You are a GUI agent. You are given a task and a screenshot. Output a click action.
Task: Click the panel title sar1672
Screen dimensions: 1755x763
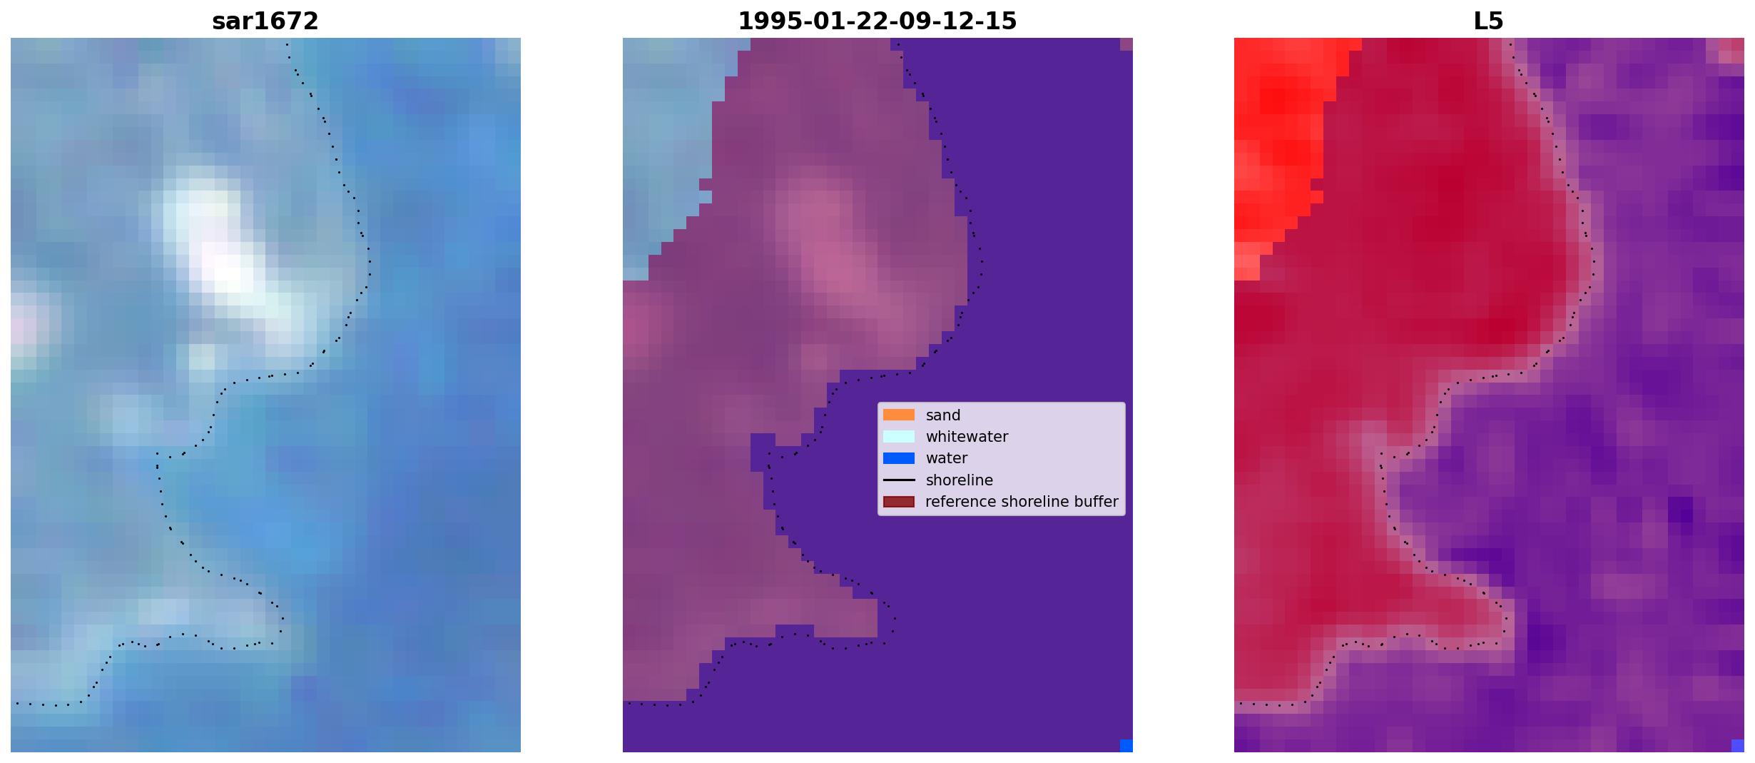coord(265,21)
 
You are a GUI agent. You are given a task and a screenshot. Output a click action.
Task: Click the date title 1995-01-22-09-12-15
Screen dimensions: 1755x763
coord(877,21)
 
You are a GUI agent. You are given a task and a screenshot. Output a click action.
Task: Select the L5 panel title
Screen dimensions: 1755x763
coord(1489,21)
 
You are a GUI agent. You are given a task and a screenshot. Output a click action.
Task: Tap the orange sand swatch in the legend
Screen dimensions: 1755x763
coord(899,415)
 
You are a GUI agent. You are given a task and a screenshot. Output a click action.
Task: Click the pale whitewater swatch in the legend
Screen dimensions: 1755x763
coord(899,436)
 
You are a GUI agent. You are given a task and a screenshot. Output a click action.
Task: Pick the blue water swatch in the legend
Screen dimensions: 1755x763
coord(899,458)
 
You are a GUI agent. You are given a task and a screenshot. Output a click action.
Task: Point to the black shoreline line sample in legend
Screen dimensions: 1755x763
coord(899,480)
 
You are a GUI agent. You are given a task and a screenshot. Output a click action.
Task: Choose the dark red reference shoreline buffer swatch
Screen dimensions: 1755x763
coord(899,502)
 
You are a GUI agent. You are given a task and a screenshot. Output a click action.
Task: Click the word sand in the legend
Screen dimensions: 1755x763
coord(943,415)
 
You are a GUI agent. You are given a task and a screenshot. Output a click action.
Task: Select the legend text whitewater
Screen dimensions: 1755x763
coord(967,437)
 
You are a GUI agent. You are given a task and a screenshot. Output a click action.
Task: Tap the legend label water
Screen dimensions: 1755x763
coord(947,458)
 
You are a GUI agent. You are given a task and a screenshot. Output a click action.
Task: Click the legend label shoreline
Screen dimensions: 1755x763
coord(960,480)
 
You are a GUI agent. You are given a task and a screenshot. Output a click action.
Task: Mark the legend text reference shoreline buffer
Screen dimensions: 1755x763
coord(1022,502)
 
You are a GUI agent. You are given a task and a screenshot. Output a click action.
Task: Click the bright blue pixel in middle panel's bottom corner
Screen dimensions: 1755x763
coord(1126,746)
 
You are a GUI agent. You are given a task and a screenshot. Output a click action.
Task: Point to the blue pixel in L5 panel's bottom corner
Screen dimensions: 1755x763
coord(1738,746)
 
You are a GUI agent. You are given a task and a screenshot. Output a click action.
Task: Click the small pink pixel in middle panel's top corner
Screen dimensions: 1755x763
coord(1126,44)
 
